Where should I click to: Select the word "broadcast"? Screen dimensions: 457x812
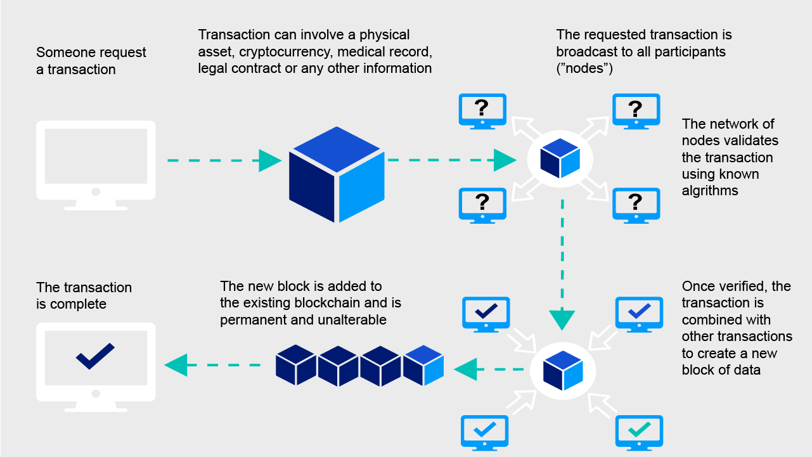(x=586, y=51)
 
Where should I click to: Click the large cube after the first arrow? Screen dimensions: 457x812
(x=337, y=174)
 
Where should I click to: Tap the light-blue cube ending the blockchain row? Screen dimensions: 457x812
(x=423, y=365)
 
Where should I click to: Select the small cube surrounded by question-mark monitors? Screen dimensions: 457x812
(x=560, y=158)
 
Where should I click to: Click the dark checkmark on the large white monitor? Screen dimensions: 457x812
(x=95, y=356)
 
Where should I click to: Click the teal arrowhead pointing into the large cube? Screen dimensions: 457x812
(x=270, y=160)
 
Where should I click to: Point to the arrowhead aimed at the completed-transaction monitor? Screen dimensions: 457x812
(x=176, y=365)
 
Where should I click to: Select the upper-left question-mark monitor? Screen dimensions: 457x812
(x=482, y=110)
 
